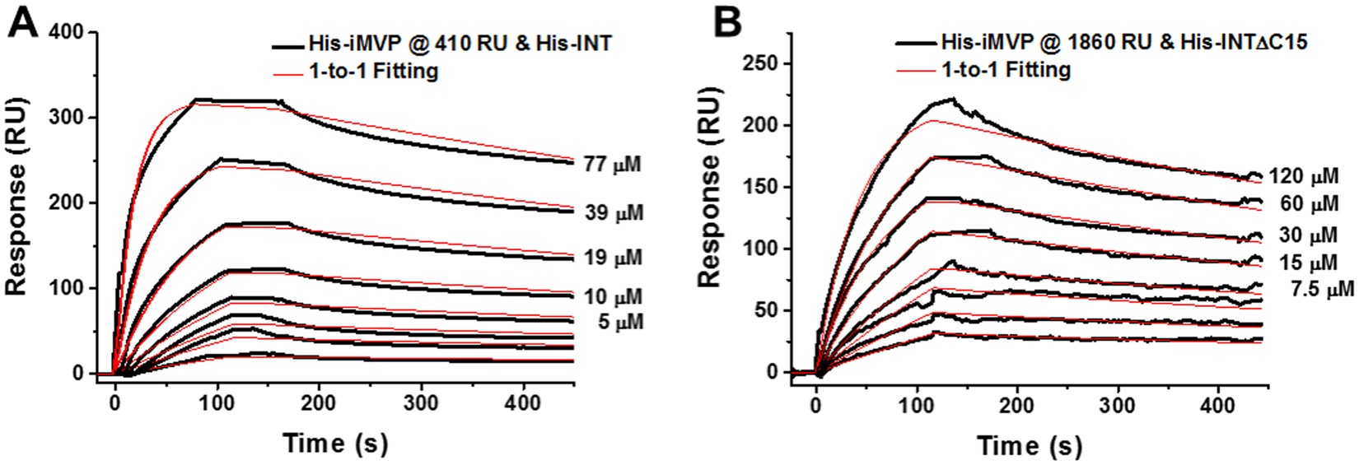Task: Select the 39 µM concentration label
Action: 612,213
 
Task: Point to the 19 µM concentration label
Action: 612,258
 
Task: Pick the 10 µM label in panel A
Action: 612,296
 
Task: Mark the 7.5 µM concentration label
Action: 1322,290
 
